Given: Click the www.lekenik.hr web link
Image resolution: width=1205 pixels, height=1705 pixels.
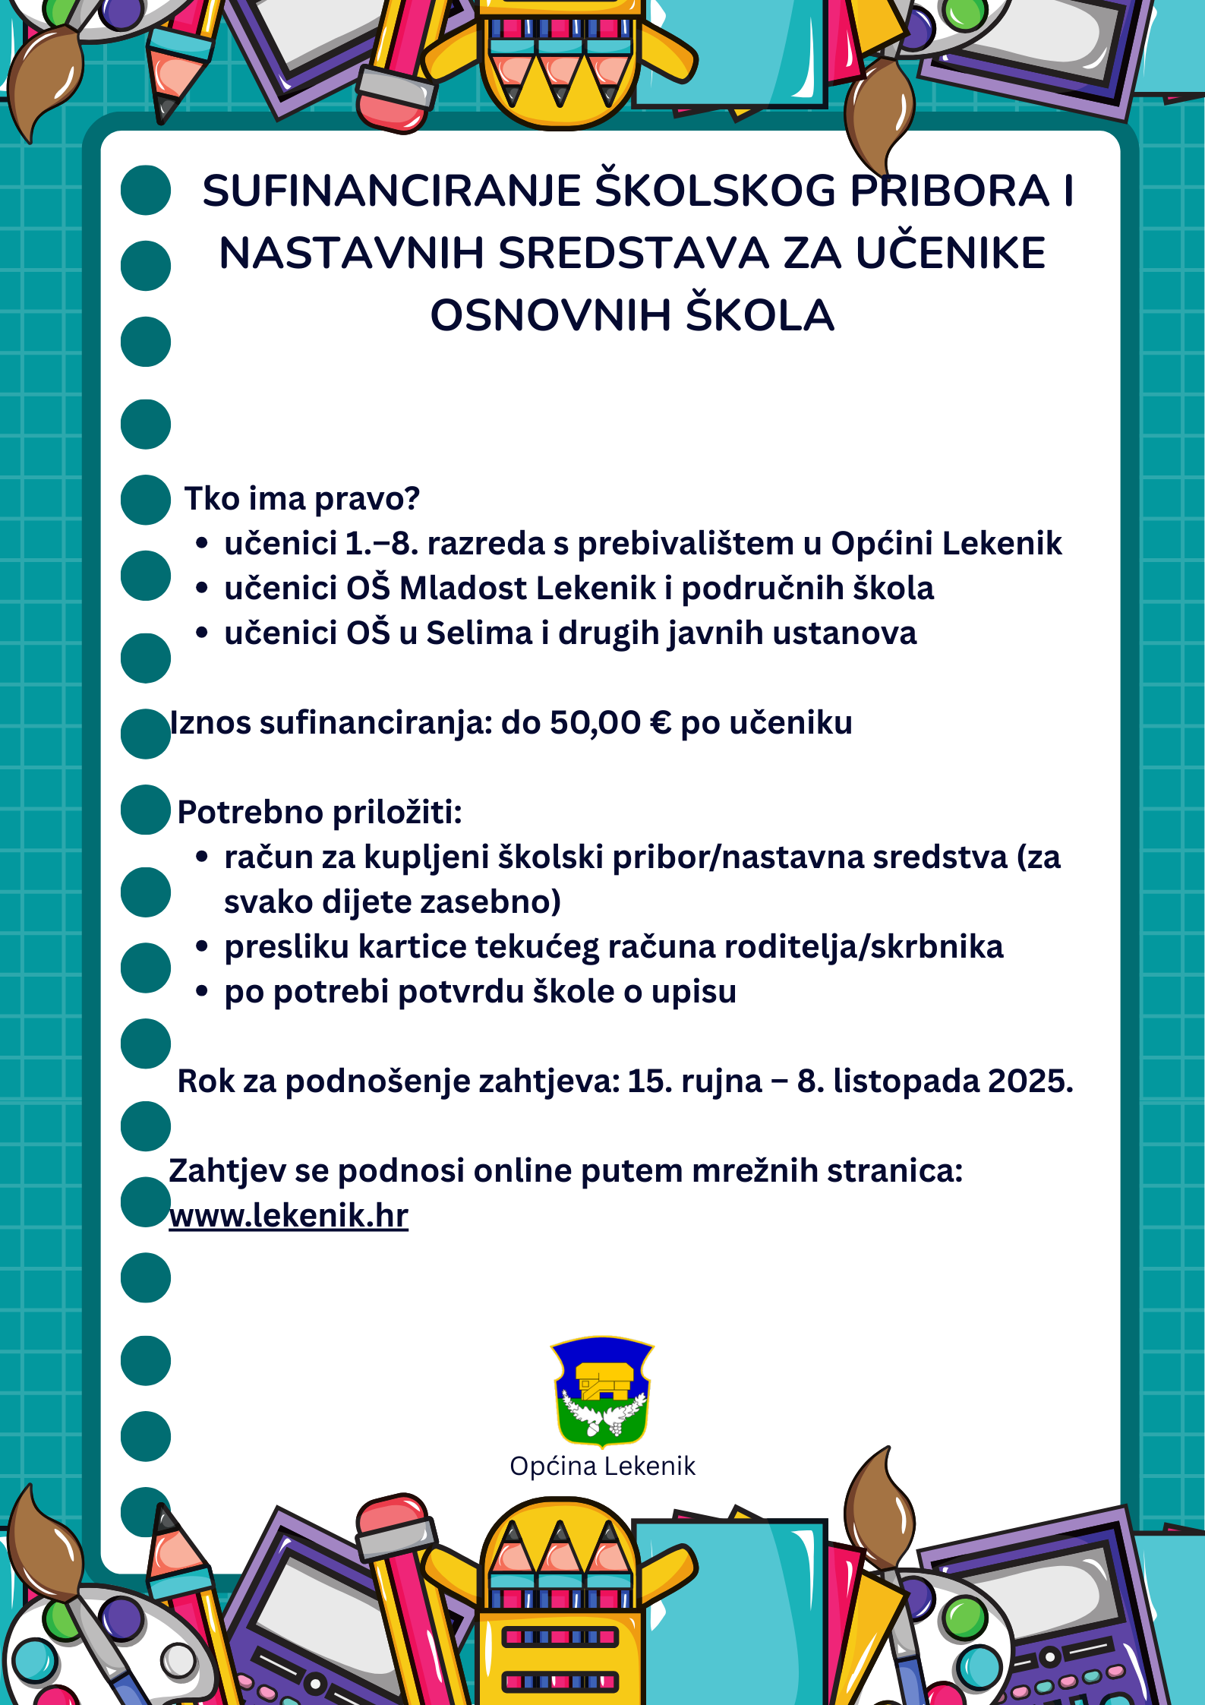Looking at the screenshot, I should (289, 1216).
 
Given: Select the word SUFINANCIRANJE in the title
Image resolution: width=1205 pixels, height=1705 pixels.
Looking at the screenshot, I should (391, 191).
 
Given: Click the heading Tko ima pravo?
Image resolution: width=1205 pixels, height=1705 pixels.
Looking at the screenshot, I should (301, 499).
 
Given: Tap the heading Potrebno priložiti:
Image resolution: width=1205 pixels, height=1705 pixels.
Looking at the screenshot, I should (320, 812).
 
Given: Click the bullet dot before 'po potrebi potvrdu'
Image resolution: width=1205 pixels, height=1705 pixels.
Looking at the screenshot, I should (202, 992).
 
